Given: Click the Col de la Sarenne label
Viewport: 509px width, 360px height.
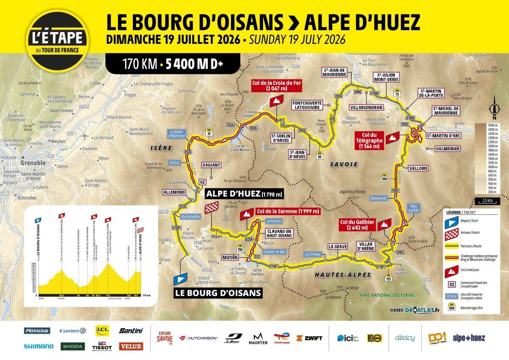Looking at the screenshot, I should [x=288, y=211].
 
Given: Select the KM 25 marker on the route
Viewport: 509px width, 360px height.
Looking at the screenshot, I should [x=209, y=132].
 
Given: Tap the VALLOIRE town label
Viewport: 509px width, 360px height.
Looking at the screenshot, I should [x=417, y=168].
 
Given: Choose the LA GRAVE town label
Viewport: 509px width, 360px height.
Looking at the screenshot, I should [x=337, y=246].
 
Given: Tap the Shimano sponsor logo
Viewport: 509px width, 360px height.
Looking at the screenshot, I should [x=38, y=346].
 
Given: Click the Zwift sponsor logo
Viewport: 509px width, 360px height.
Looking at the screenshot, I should [x=309, y=338].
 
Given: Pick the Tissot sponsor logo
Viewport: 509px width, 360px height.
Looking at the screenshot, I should [x=101, y=346].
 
